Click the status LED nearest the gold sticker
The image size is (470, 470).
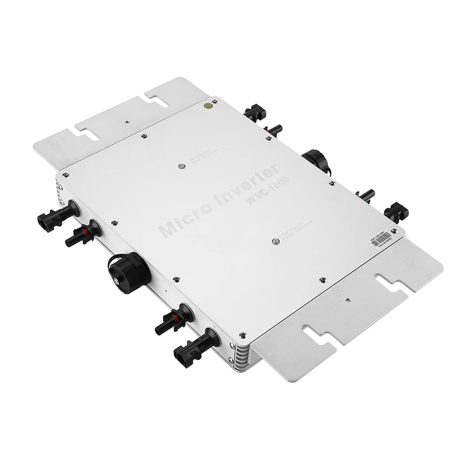181,166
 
